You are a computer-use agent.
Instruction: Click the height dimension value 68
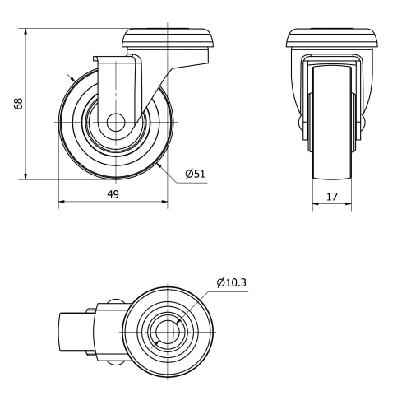(18, 103)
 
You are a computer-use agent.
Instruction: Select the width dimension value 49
(113, 194)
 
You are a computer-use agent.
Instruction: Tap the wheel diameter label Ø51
(195, 173)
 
